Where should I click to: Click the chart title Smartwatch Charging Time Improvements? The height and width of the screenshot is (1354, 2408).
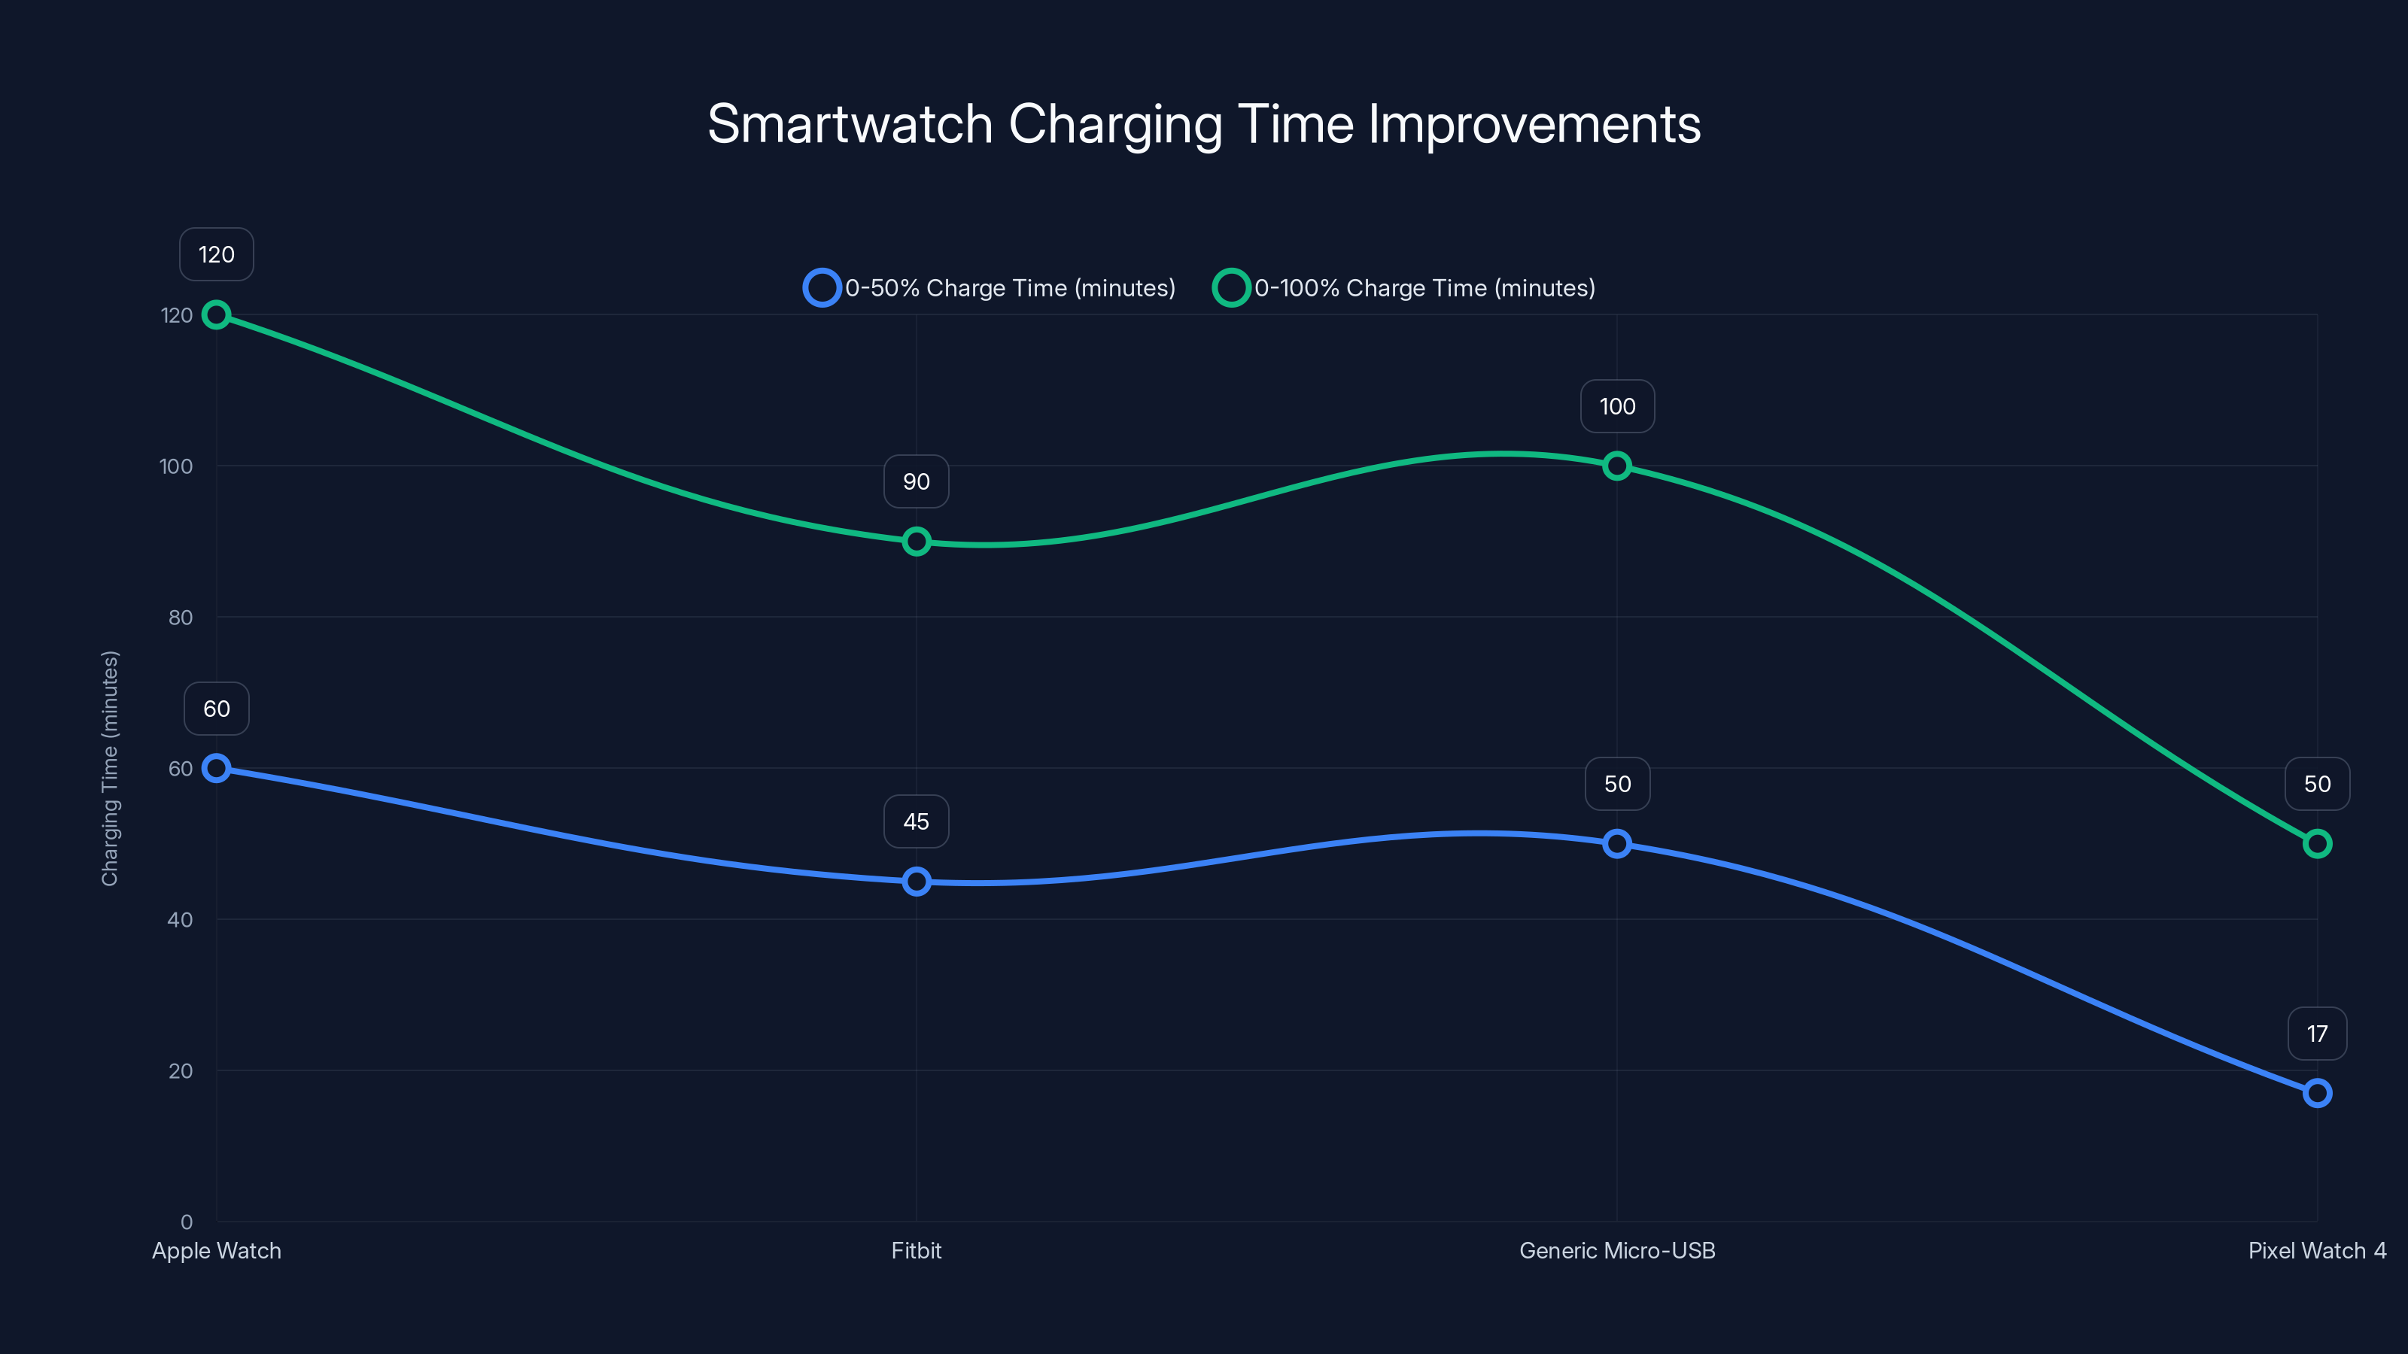pyautogui.click(x=1203, y=124)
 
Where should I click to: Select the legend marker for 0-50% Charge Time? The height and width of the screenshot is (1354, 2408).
pyautogui.click(x=822, y=288)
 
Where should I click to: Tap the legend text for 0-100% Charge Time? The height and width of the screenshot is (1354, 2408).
pyautogui.click(x=1424, y=288)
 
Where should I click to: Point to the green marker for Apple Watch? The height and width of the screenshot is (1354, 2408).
pyautogui.click(x=216, y=315)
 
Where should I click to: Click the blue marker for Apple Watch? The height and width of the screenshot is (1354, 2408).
pyautogui.click(x=216, y=768)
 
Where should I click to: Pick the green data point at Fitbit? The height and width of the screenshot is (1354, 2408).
pyautogui.click(x=916, y=542)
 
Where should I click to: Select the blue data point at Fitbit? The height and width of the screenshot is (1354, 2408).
pyautogui.click(x=916, y=881)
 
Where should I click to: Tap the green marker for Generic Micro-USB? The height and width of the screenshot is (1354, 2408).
pyautogui.click(x=1617, y=466)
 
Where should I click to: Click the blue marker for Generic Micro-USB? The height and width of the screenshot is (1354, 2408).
pyautogui.click(x=1617, y=844)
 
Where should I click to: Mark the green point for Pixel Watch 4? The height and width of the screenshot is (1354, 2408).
pyautogui.click(x=2318, y=844)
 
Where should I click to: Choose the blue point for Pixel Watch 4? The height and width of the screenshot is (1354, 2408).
pyautogui.click(x=2318, y=1092)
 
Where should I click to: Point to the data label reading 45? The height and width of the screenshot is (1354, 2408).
pyautogui.click(x=916, y=821)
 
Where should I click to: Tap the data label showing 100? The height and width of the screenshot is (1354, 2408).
pyautogui.click(x=1617, y=406)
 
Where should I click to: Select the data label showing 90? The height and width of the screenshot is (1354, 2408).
pyautogui.click(x=916, y=481)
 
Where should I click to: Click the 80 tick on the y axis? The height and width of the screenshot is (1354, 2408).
pyautogui.click(x=181, y=618)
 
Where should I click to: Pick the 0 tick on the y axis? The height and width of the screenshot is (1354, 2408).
pyautogui.click(x=186, y=1222)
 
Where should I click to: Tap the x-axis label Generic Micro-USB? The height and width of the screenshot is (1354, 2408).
pyautogui.click(x=1617, y=1250)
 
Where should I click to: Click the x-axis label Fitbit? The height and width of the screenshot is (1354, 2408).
pyautogui.click(x=916, y=1250)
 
